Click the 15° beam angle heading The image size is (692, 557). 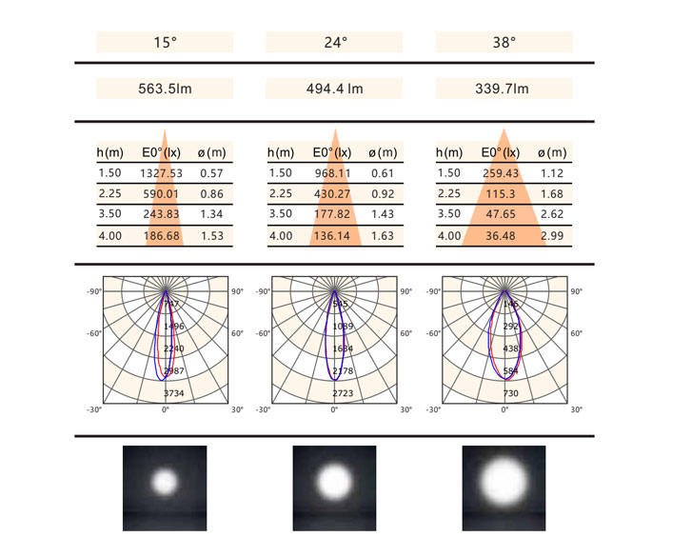point(165,42)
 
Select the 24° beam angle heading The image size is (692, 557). point(334,42)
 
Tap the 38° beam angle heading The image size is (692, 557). point(504,42)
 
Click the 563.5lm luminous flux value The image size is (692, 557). point(165,90)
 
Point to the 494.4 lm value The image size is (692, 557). point(334,90)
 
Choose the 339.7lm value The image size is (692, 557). point(504,90)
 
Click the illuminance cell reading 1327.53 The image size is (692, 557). point(163,173)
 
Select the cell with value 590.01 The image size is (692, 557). point(163,194)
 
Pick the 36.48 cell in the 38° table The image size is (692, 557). point(503,236)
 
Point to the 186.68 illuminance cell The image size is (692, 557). point(163,236)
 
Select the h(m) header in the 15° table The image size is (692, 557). point(110,152)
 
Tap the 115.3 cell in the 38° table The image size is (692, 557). point(503,194)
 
